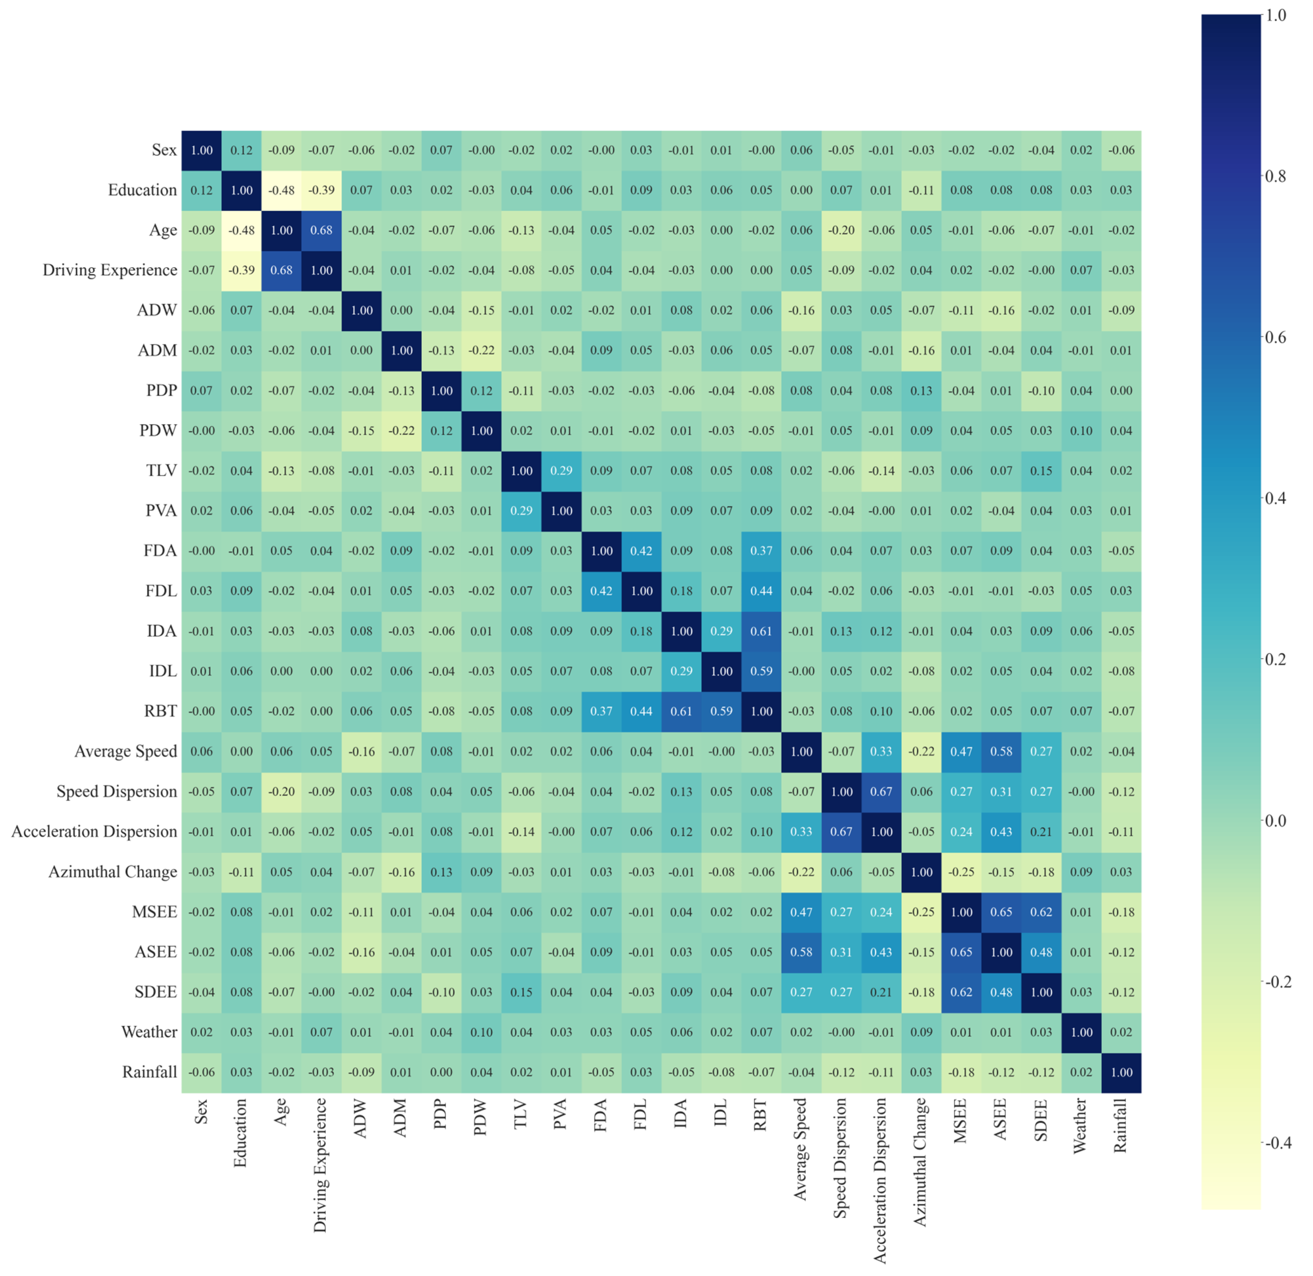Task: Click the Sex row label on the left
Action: pyautogui.click(x=164, y=150)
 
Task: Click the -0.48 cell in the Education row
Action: pyautogui.click(x=281, y=190)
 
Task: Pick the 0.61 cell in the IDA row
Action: pyautogui.click(x=762, y=631)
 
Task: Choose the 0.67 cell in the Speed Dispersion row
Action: pyautogui.click(x=882, y=791)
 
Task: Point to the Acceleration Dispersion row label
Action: pyautogui.click(x=94, y=832)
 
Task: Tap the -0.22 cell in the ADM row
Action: pyautogui.click(x=482, y=350)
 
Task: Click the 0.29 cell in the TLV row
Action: pyautogui.click(x=561, y=471)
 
